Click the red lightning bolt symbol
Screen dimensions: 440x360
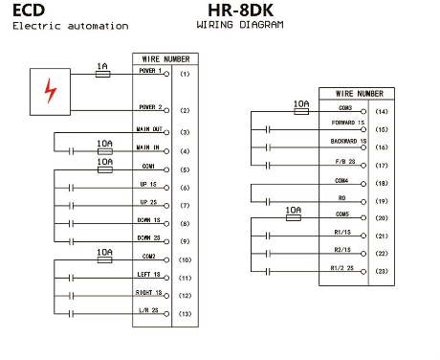tap(50, 91)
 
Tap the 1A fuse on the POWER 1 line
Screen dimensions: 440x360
tap(103, 74)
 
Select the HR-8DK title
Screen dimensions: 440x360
tap(240, 11)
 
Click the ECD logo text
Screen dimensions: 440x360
tap(29, 11)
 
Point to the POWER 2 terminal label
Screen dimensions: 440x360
tap(150, 107)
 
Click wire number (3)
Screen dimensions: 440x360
tap(185, 132)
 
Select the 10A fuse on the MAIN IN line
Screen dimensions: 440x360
tap(104, 151)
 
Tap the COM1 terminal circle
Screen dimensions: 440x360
tap(166, 169)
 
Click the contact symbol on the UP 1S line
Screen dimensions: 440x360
tap(71, 188)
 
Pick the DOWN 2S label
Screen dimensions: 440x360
tap(148, 238)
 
